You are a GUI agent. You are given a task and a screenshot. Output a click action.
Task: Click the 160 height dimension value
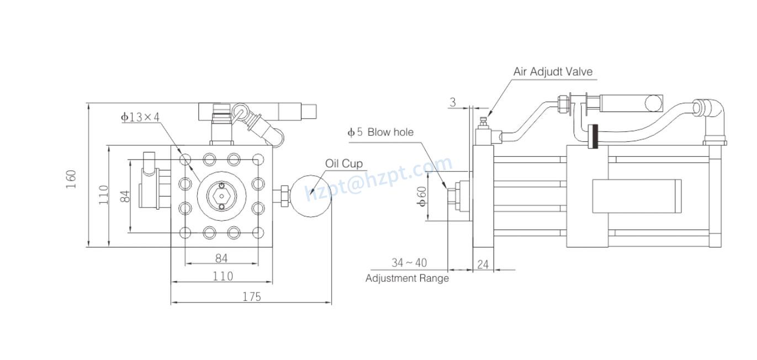point(71,179)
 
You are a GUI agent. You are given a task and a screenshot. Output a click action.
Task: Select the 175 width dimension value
point(251,297)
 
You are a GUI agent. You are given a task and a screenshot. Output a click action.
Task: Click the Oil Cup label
point(343,163)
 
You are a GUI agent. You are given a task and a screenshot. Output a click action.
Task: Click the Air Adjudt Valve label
point(552,72)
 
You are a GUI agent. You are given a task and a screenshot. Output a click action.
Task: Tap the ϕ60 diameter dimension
point(421,196)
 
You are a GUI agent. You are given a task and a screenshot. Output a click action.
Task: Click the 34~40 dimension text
point(409,262)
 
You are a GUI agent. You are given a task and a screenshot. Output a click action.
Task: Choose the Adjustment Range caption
point(407,278)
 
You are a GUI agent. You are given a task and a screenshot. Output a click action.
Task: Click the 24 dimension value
point(483,264)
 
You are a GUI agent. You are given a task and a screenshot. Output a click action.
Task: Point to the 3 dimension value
point(453,102)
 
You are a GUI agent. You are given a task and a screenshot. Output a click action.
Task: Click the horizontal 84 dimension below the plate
point(221,258)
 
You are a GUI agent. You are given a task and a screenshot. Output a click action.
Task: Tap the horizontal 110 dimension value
point(223,276)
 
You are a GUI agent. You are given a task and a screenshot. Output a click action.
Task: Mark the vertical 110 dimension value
point(104,195)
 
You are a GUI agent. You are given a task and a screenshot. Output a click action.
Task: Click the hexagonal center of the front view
point(221,196)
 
